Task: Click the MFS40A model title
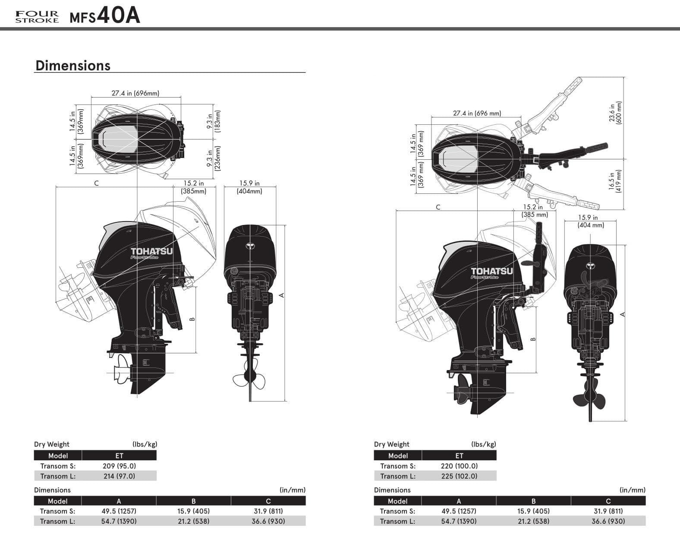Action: pyautogui.click(x=105, y=16)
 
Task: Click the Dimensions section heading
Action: pyautogui.click(x=72, y=65)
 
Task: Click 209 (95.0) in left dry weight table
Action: pyautogui.click(x=119, y=466)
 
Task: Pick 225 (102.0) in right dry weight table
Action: pyautogui.click(x=459, y=476)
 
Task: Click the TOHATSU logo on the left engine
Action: pyautogui.click(x=151, y=252)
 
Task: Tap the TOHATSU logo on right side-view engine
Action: pyautogui.click(x=491, y=271)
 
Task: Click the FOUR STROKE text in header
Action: pyautogui.click(x=37, y=17)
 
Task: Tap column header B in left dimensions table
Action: pyautogui.click(x=193, y=501)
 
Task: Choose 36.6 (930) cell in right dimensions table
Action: pyautogui.click(x=608, y=521)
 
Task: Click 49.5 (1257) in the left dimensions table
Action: pyautogui.click(x=119, y=511)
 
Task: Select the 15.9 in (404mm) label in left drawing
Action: pyautogui.click(x=249, y=187)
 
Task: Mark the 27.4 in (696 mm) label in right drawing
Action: pyautogui.click(x=477, y=113)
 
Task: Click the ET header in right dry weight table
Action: pyautogui.click(x=459, y=456)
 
